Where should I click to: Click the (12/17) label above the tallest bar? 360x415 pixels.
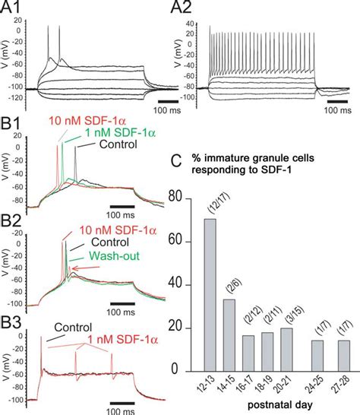[x=209, y=201]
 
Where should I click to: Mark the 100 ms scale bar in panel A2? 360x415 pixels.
[x=339, y=100]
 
